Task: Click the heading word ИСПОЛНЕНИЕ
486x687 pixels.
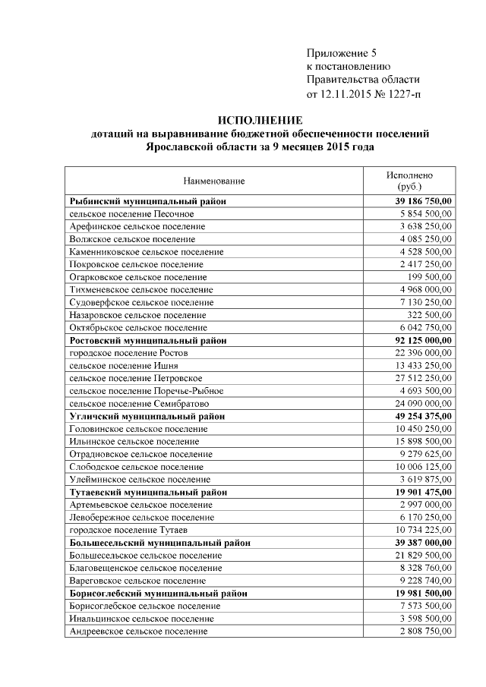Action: point(260,120)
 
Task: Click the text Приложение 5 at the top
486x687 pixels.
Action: point(341,52)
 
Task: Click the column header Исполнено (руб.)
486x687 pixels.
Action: point(409,180)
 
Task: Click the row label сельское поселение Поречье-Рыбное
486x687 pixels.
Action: point(146,391)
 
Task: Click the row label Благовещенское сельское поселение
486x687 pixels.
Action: point(145,568)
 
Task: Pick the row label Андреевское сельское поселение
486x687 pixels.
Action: point(137,631)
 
